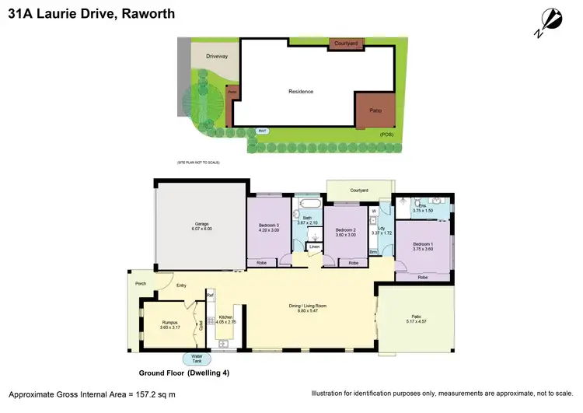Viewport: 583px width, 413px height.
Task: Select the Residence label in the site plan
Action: click(x=301, y=92)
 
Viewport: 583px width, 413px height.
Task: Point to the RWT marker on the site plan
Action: click(x=263, y=131)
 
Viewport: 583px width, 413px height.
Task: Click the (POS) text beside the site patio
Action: click(x=386, y=135)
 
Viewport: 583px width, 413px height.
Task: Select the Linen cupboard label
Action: click(x=314, y=247)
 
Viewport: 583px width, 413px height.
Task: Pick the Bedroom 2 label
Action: click(x=345, y=231)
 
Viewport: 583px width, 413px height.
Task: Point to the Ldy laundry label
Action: click(x=381, y=228)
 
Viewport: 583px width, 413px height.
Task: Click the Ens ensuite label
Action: click(x=422, y=206)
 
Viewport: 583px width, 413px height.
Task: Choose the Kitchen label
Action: click(x=226, y=318)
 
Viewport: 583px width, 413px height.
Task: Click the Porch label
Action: click(x=141, y=283)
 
